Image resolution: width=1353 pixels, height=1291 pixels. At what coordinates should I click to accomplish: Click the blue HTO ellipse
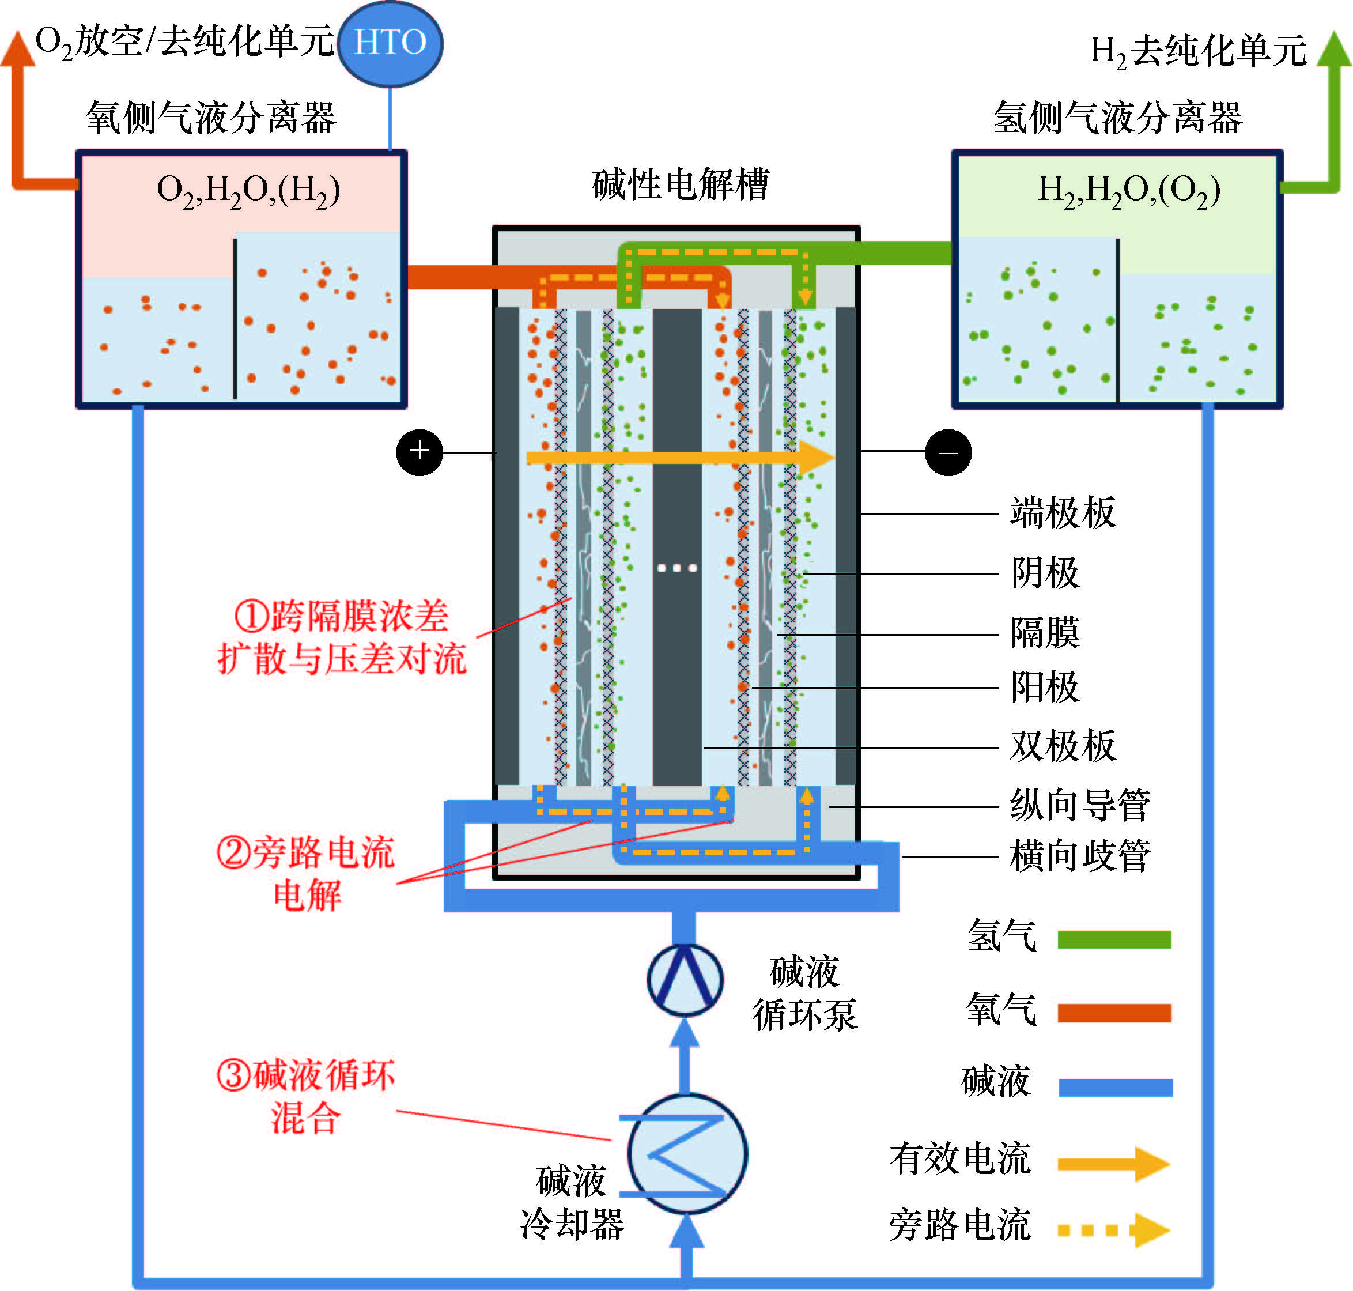coord(390,43)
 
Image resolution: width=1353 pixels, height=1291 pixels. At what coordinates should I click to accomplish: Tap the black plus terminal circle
coord(419,452)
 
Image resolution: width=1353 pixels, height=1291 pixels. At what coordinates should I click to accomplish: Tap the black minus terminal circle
coord(948,452)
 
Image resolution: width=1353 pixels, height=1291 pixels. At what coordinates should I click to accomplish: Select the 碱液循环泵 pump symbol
coord(685,979)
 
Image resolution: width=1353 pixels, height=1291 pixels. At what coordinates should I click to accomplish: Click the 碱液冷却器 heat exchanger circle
coord(687,1154)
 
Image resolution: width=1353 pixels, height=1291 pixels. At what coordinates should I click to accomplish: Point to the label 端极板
coord(1063,513)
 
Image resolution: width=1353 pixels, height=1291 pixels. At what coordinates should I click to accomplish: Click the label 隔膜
coord(1045,633)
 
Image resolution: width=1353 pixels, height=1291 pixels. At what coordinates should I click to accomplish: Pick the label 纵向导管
coord(1079,805)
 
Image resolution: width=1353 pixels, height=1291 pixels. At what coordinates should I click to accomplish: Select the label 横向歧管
coord(1079,857)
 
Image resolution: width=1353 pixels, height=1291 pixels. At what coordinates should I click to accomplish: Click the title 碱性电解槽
coord(680,184)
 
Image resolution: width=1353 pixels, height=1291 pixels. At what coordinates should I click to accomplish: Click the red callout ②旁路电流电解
coord(306,874)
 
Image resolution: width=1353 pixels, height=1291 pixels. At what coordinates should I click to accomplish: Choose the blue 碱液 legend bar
coord(1115,1088)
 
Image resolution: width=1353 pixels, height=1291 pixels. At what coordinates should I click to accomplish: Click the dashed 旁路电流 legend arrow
coord(1113,1230)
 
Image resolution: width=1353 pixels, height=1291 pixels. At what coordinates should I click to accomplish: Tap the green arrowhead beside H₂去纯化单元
coord(1334,50)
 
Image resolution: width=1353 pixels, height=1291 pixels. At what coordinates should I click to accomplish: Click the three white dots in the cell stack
coord(677,568)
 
